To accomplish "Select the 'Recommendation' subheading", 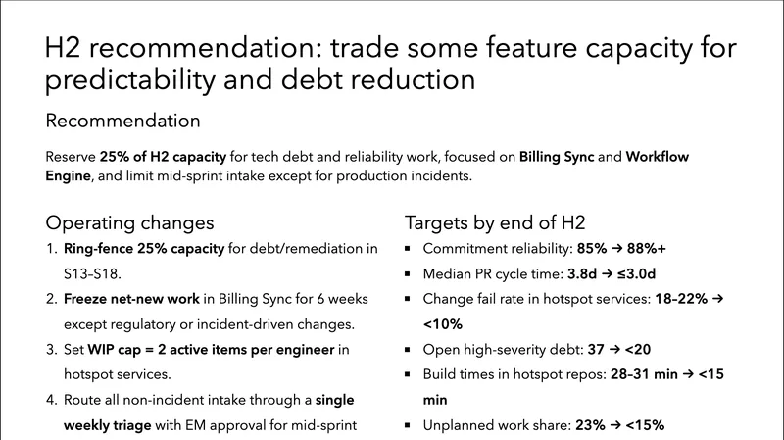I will coord(122,122).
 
